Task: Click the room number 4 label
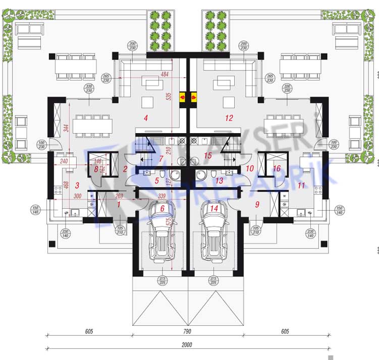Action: click(146, 119)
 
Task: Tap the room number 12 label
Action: click(230, 119)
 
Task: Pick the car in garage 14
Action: click(215, 234)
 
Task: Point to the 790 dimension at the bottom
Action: click(187, 331)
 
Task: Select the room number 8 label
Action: click(95, 169)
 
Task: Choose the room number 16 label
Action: click(277, 168)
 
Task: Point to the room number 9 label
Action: click(257, 204)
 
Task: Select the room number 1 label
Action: click(119, 204)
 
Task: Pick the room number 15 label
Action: click(207, 156)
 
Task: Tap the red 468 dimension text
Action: click(66, 185)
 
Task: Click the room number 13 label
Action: click(219, 180)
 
